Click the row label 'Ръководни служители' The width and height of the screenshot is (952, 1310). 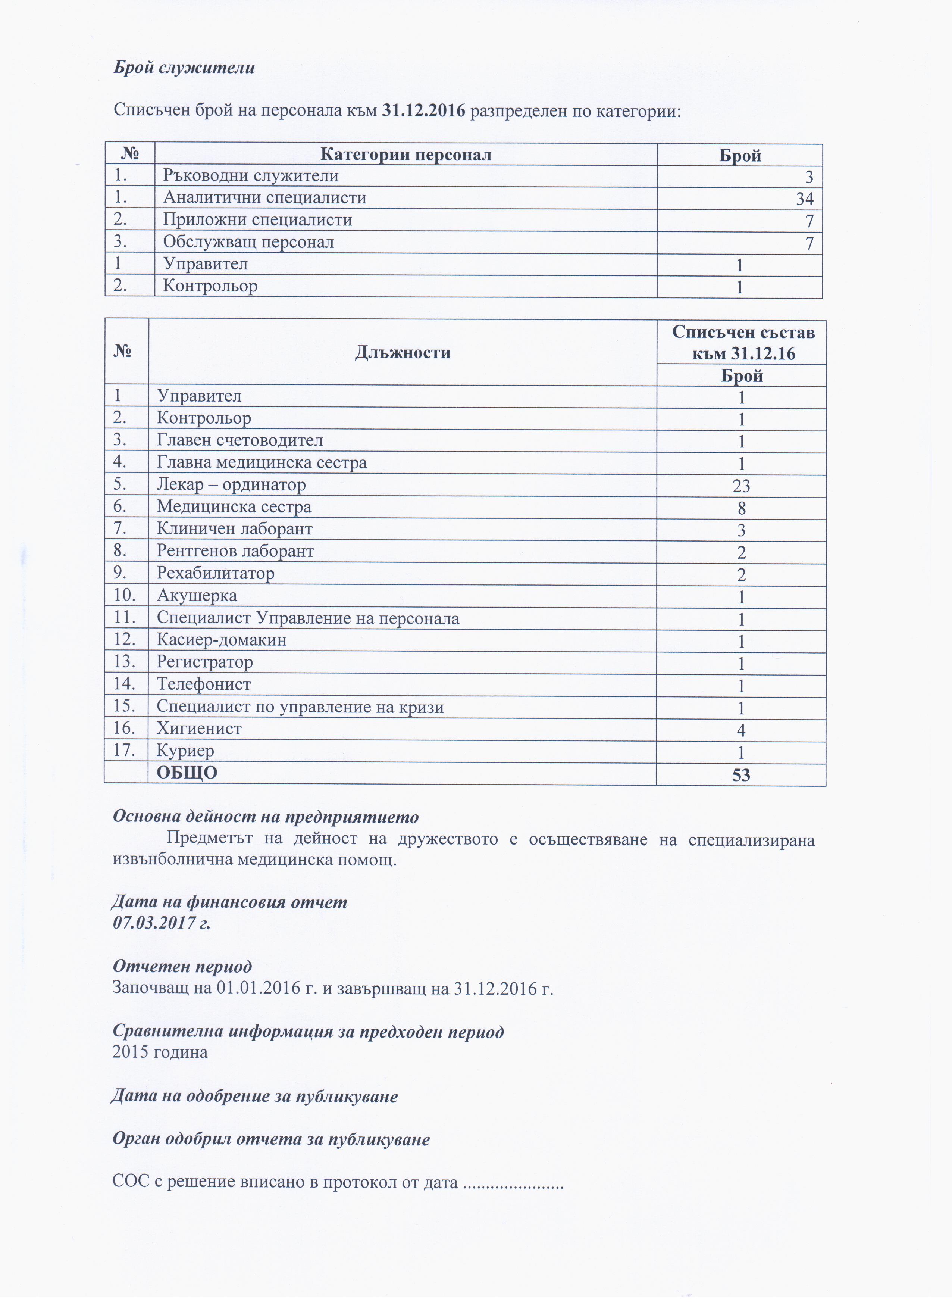pos(251,175)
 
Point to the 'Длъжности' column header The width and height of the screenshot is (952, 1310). pos(403,352)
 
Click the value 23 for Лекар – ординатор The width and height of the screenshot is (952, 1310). pos(741,486)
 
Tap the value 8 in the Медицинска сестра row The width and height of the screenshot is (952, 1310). pos(741,508)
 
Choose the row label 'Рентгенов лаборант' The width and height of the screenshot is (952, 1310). pos(235,552)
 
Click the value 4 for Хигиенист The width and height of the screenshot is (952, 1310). pos(741,731)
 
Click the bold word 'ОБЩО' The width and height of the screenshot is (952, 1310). pos(187,773)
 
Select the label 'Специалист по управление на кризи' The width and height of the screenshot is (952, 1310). pos(300,707)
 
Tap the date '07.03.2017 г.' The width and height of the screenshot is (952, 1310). pos(162,923)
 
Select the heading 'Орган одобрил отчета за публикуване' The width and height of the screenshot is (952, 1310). pos(271,1139)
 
